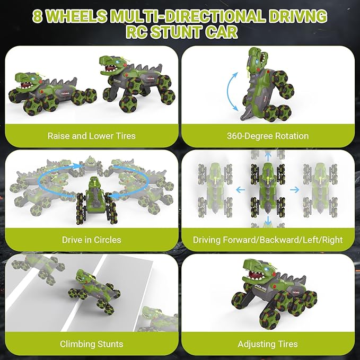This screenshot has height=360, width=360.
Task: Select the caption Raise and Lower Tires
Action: (x=91, y=136)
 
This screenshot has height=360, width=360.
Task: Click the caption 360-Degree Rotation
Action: (x=268, y=136)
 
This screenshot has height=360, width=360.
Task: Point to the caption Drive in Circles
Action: (x=91, y=240)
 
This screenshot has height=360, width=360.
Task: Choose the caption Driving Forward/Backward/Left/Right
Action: (x=268, y=240)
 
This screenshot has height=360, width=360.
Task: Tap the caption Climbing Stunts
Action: (x=91, y=344)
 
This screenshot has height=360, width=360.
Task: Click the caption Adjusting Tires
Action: (x=268, y=344)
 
